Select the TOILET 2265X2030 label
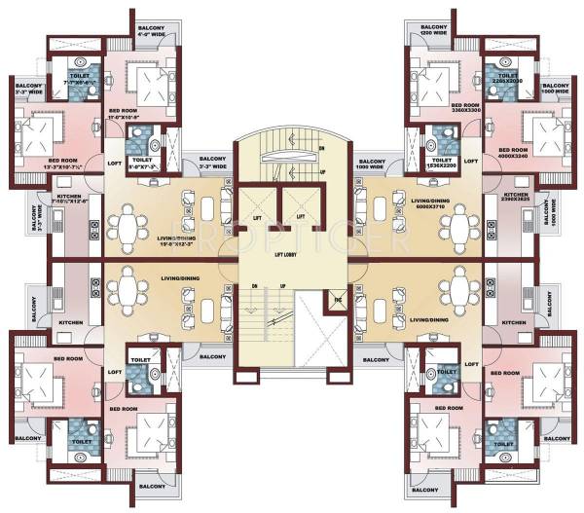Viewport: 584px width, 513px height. (x=507, y=80)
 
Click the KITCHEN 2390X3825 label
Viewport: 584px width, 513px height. (x=516, y=200)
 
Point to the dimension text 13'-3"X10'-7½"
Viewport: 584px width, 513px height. (x=63, y=166)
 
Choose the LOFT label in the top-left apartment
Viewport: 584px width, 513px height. (x=115, y=162)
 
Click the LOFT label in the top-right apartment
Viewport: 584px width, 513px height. (x=471, y=161)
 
